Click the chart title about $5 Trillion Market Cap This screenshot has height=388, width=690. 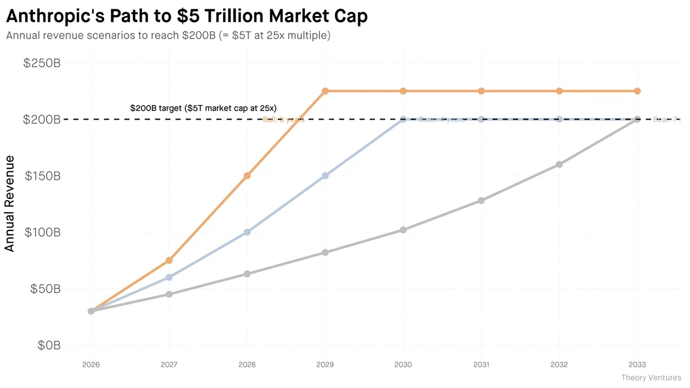(x=187, y=16)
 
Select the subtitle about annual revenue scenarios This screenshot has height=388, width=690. (x=168, y=36)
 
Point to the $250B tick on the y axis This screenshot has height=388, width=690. (x=42, y=63)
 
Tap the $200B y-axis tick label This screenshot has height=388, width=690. (x=42, y=120)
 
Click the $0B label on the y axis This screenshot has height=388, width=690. (x=49, y=345)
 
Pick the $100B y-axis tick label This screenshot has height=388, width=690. (x=42, y=233)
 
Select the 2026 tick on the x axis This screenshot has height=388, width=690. (x=91, y=365)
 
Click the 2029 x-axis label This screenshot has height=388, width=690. (x=325, y=365)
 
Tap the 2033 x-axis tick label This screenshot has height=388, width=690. (x=637, y=365)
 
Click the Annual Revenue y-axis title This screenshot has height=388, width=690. (x=10, y=203)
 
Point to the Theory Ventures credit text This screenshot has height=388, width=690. (x=651, y=378)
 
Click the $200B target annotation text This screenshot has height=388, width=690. (x=204, y=108)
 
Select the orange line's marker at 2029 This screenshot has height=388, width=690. (x=325, y=91)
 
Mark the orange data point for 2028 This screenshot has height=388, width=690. (x=247, y=176)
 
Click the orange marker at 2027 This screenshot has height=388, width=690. (x=169, y=260)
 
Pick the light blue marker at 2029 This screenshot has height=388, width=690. (x=325, y=176)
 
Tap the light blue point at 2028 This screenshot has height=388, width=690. (x=247, y=232)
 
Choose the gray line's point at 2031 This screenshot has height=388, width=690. (x=481, y=201)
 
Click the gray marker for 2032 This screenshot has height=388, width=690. (x=559, y=164)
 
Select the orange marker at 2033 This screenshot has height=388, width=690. (x=637, y=91)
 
